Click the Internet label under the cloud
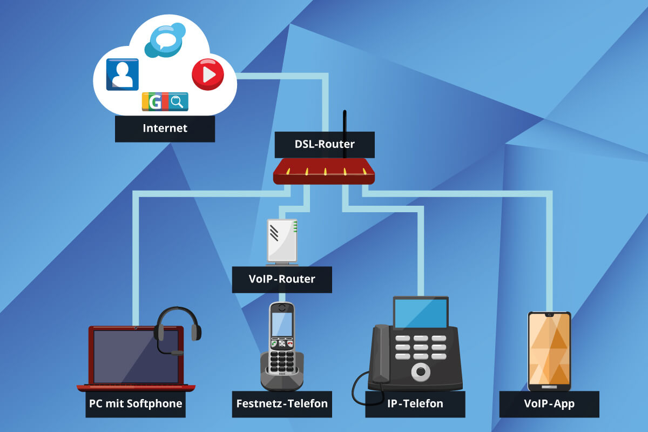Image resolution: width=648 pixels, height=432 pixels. [165, 129]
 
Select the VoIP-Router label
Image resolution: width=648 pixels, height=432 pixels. [282, 279]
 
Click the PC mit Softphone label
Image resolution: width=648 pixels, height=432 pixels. [136, 403]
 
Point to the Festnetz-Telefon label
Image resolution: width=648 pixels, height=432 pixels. [282, 403]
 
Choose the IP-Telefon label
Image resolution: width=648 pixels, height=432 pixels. [415, 403]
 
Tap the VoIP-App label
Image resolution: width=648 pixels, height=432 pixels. [549, 403]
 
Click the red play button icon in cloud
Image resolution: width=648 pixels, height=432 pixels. [208, 75]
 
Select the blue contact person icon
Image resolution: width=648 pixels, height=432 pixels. [123, 74]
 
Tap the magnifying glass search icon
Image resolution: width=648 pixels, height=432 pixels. [177, 101]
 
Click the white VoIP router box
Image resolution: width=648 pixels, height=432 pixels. [282, 240]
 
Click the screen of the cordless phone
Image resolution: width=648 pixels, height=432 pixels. [282, 323]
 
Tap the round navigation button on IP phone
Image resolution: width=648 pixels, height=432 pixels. [421, 371]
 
